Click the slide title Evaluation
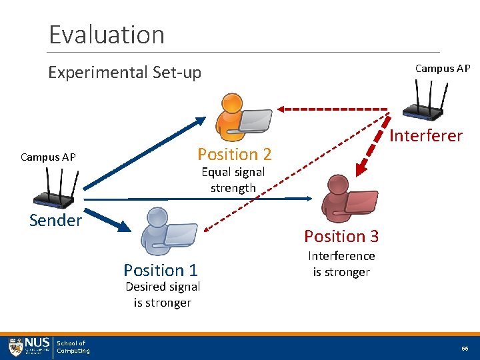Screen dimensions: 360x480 (x=107, y=34)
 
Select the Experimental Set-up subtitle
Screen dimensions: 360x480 (x=125, y=72)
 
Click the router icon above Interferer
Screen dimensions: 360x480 (x=431, y=101)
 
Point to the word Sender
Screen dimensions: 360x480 (x=55, y=220)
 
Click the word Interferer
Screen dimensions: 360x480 (x=425, y=136)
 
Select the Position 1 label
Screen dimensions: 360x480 (x=160, y=270)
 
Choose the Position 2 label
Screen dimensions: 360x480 (x=234, y=155)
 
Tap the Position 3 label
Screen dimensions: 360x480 (x=341, y=236)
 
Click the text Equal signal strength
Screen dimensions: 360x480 (x=233, y=180)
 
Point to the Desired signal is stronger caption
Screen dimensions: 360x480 (x=162, y=295)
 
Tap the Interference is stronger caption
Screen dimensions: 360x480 (x=341, y=264)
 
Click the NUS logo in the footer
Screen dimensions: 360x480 (x=29, y=347)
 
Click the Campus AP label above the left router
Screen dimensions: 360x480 (x=48, y=157)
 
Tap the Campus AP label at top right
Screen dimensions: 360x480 (x=442, y=69)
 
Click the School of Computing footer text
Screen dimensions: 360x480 (x=73, y=347)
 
